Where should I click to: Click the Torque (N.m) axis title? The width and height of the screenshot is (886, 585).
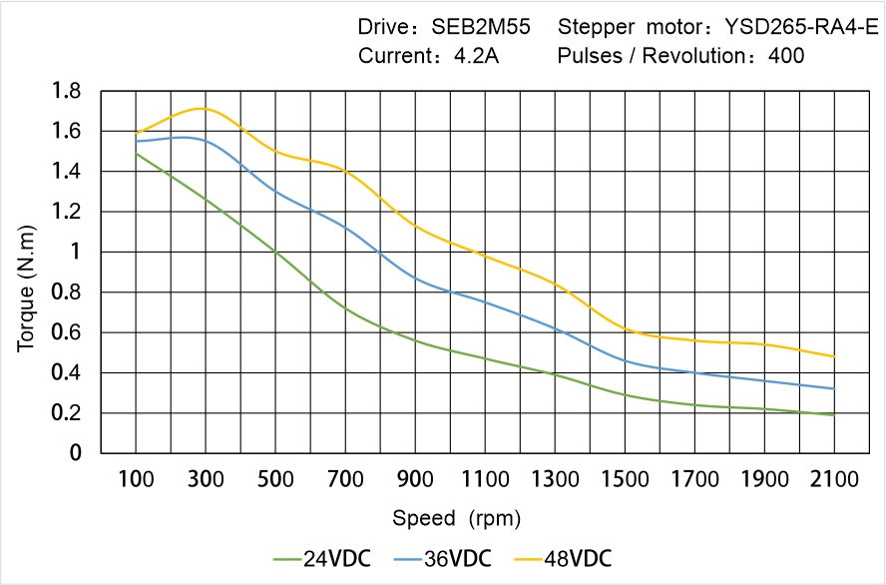tap(27, 273)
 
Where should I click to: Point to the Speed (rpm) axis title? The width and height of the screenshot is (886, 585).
tap(456, 519)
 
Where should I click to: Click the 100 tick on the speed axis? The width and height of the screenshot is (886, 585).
tap(136, 479)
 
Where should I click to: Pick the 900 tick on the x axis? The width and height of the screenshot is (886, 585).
tap(415, 479)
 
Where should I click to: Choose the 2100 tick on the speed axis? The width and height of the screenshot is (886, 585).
tap(834, 479)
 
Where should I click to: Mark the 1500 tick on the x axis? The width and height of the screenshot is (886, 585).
tap(625, 479)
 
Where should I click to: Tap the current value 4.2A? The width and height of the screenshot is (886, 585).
tap(476, 56)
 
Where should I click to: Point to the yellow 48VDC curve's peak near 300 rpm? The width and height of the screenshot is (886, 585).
tap(205, 108)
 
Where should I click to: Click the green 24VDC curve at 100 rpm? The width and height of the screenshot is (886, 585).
tap(136, 154)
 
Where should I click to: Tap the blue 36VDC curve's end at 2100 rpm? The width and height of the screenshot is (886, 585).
tap(834, 388)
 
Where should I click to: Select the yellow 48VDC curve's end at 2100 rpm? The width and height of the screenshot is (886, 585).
tap(834, 356)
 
